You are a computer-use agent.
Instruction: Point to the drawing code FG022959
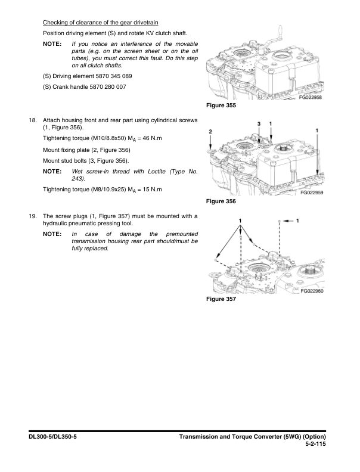(311, 193)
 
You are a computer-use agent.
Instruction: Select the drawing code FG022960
(311, 291)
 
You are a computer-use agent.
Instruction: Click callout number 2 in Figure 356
(210, 131)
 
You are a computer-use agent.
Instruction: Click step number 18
(33, 120)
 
